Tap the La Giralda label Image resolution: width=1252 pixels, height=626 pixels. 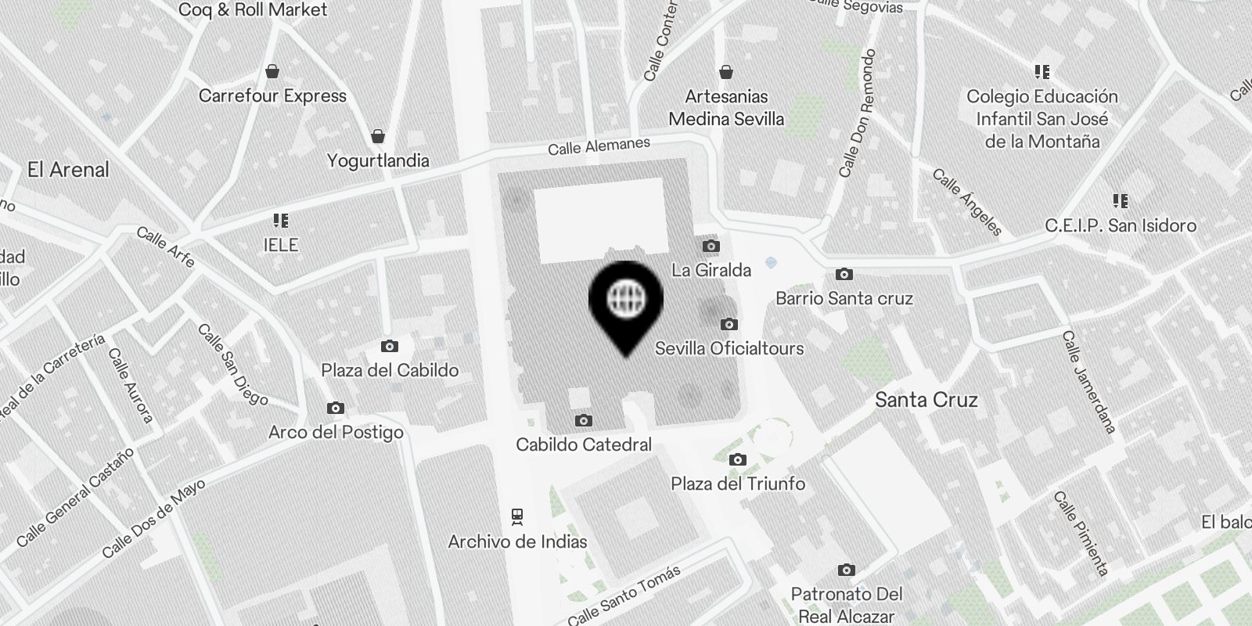[711, 271]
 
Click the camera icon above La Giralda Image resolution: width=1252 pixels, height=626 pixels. [711, 246]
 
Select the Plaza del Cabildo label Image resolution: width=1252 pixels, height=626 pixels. [390, 370]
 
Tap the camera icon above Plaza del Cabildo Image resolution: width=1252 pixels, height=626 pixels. [390, 346]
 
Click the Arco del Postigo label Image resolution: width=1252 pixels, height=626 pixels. [336, 432]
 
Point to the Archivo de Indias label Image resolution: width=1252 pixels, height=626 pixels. [517, 541]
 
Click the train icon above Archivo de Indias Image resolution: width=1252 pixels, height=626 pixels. [517, 516]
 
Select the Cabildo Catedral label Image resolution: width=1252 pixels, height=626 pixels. [584, 444]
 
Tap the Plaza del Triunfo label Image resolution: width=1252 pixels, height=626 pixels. [738, 484]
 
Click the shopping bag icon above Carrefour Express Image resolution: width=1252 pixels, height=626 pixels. [272, 72]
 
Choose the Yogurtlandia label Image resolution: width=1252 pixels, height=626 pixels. [378, 160]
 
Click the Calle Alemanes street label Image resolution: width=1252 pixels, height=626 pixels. [599, 146]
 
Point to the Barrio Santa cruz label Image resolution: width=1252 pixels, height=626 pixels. [844, 298]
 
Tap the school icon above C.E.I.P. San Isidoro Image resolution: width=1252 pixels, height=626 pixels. [1121, 202]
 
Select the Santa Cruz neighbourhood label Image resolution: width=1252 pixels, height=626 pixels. [926, 400]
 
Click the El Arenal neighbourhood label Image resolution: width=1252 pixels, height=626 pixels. [68, 170]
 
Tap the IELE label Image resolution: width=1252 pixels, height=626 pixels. [281, 245]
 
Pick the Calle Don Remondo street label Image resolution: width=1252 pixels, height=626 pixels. [857, 113]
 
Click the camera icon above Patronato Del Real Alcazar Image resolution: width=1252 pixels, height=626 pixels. [846, 570]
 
